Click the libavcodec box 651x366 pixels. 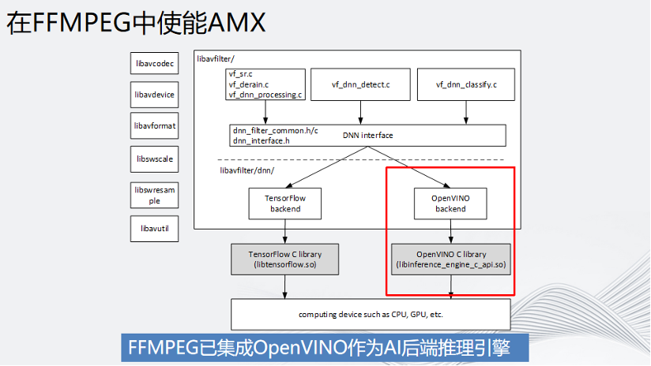point(154,63)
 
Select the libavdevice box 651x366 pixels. point(154,95)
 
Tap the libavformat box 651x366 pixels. point(154,126)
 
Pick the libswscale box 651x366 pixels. point(154,159)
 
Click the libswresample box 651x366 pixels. point(154,195)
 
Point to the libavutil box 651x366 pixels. point(154,229)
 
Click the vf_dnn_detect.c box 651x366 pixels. point(361,84)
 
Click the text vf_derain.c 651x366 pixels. point(250,84)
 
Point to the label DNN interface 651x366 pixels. point(367,136)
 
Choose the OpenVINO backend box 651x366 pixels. point(450,204)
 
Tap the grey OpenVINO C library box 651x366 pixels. point(451,260)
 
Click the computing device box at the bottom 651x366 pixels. point(371,315)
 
